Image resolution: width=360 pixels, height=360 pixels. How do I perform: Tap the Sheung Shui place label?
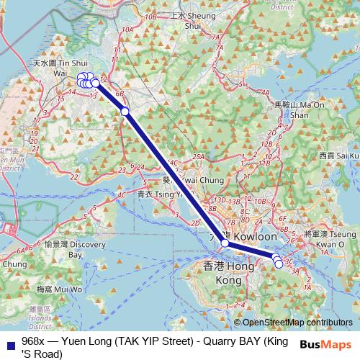click(192, 20)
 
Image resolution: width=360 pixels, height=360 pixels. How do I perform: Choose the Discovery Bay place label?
click(75, 249)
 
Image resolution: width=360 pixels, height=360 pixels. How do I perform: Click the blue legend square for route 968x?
click(8, 341)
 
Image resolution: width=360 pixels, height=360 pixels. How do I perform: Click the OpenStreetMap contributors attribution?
click(296, 323)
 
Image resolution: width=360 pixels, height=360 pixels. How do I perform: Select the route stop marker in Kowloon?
click(225, 243)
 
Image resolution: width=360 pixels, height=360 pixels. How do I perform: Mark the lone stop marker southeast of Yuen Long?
click(125, 111)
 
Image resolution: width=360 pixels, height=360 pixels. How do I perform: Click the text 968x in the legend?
click(33, 341)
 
